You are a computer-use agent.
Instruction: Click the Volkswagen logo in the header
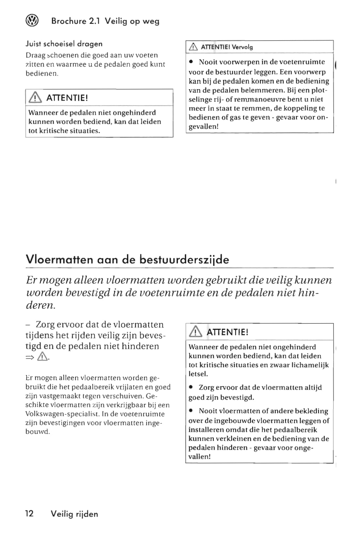click(32, 21)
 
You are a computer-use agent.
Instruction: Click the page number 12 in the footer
click(29, 514)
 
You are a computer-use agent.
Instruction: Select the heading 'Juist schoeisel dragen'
click(64, 44)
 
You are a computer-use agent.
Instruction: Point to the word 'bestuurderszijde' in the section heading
click(184, 260)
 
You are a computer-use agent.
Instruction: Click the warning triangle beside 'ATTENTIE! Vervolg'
click(193, 47)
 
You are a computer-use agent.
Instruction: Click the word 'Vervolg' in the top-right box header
click(242, 47)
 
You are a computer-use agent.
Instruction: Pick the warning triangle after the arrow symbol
click(43, 357)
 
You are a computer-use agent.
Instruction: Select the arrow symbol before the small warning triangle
click(30, 358)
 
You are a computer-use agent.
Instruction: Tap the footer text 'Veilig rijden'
click(74, 514)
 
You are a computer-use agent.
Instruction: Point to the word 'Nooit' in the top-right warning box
click(208, 62)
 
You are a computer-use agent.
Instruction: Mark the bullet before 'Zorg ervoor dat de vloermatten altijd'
click(192, 388)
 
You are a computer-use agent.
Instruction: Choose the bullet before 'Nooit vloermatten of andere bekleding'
click(192, 411)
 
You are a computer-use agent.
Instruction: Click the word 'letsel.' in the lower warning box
click(198, 374)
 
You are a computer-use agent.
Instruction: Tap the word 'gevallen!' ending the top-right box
click(203, 126)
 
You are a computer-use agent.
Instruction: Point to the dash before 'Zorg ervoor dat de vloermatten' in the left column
click(28, 325)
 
